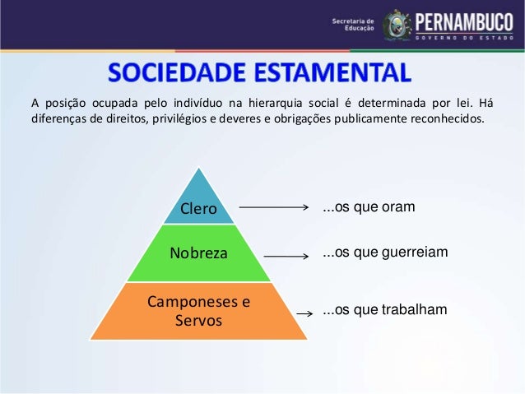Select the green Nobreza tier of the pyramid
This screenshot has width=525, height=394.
coord(198,253)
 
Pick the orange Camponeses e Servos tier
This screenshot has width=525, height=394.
coord(198,311)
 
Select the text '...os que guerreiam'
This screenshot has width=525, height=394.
coord(385,252)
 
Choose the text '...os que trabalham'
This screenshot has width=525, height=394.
coord(384,309)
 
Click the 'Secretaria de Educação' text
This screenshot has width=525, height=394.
coord(354,25)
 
